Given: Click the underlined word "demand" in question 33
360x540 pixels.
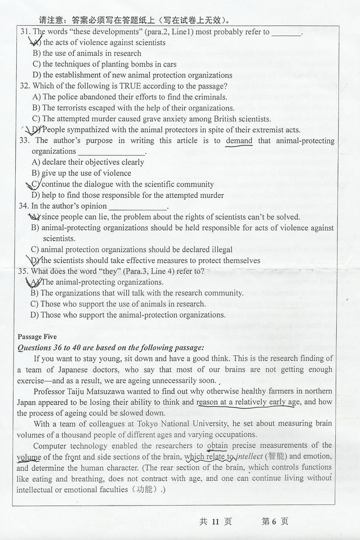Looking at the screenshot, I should coord(239,141).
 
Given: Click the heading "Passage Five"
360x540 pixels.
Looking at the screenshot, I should coord(38,337).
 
